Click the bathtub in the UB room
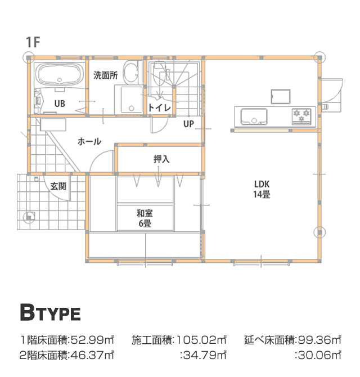(x=60, y=74)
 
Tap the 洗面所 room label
(x=106, y=75)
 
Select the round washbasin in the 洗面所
(x=130, y=71)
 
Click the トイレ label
(x=160, y=107)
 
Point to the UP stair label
(x=188, y=124)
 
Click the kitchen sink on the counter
(x=254, y=116)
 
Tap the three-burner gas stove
(x=301, y=116)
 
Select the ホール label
(x=89, y=141)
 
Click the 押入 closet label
(x=161, y=159)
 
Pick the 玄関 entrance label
(x=58, y=186)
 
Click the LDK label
(x=262, y=184)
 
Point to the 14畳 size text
(x=262, y=194)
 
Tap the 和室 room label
(x=145, y=213)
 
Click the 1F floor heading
(x=33, y=42)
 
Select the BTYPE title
(x=50, y=312)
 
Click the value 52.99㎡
(x=92, y=340)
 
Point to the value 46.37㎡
(x=92, y=355)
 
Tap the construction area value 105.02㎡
(x=201, y=340)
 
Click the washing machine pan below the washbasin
(x=129, y=100)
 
